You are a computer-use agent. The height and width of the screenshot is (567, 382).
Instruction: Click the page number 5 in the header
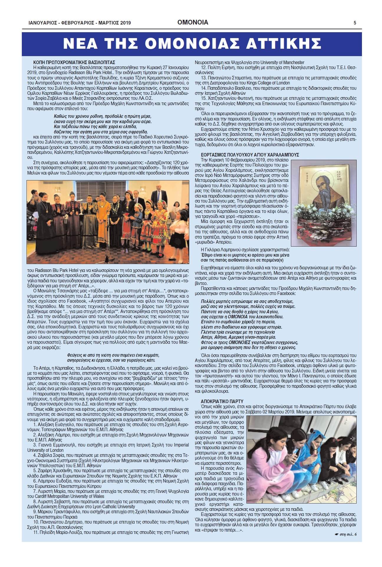click(355, 23)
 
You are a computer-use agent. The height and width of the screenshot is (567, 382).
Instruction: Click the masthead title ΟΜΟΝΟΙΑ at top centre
click(193, 22)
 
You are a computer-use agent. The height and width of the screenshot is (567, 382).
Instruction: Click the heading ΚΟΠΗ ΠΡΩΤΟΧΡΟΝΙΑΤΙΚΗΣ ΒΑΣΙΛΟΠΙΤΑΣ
click(74, 62)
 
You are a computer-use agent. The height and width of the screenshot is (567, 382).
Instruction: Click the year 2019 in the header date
click(125, 23)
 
